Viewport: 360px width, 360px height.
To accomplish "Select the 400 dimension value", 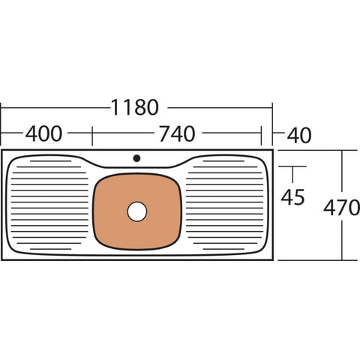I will (44, 134).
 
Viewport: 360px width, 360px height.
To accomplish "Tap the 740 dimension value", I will (178, 134).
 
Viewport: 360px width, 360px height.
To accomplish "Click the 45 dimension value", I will (292, 197).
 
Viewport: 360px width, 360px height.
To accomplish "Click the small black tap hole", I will (136, 157).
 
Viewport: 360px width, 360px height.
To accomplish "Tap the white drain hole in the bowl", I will (137, 211).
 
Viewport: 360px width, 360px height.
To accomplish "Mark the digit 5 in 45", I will (300, 197).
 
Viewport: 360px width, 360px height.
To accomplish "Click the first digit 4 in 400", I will (31, 134).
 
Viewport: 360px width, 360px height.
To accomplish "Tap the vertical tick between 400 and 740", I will (92, 135).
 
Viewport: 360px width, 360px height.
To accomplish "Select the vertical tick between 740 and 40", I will (262, 135).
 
